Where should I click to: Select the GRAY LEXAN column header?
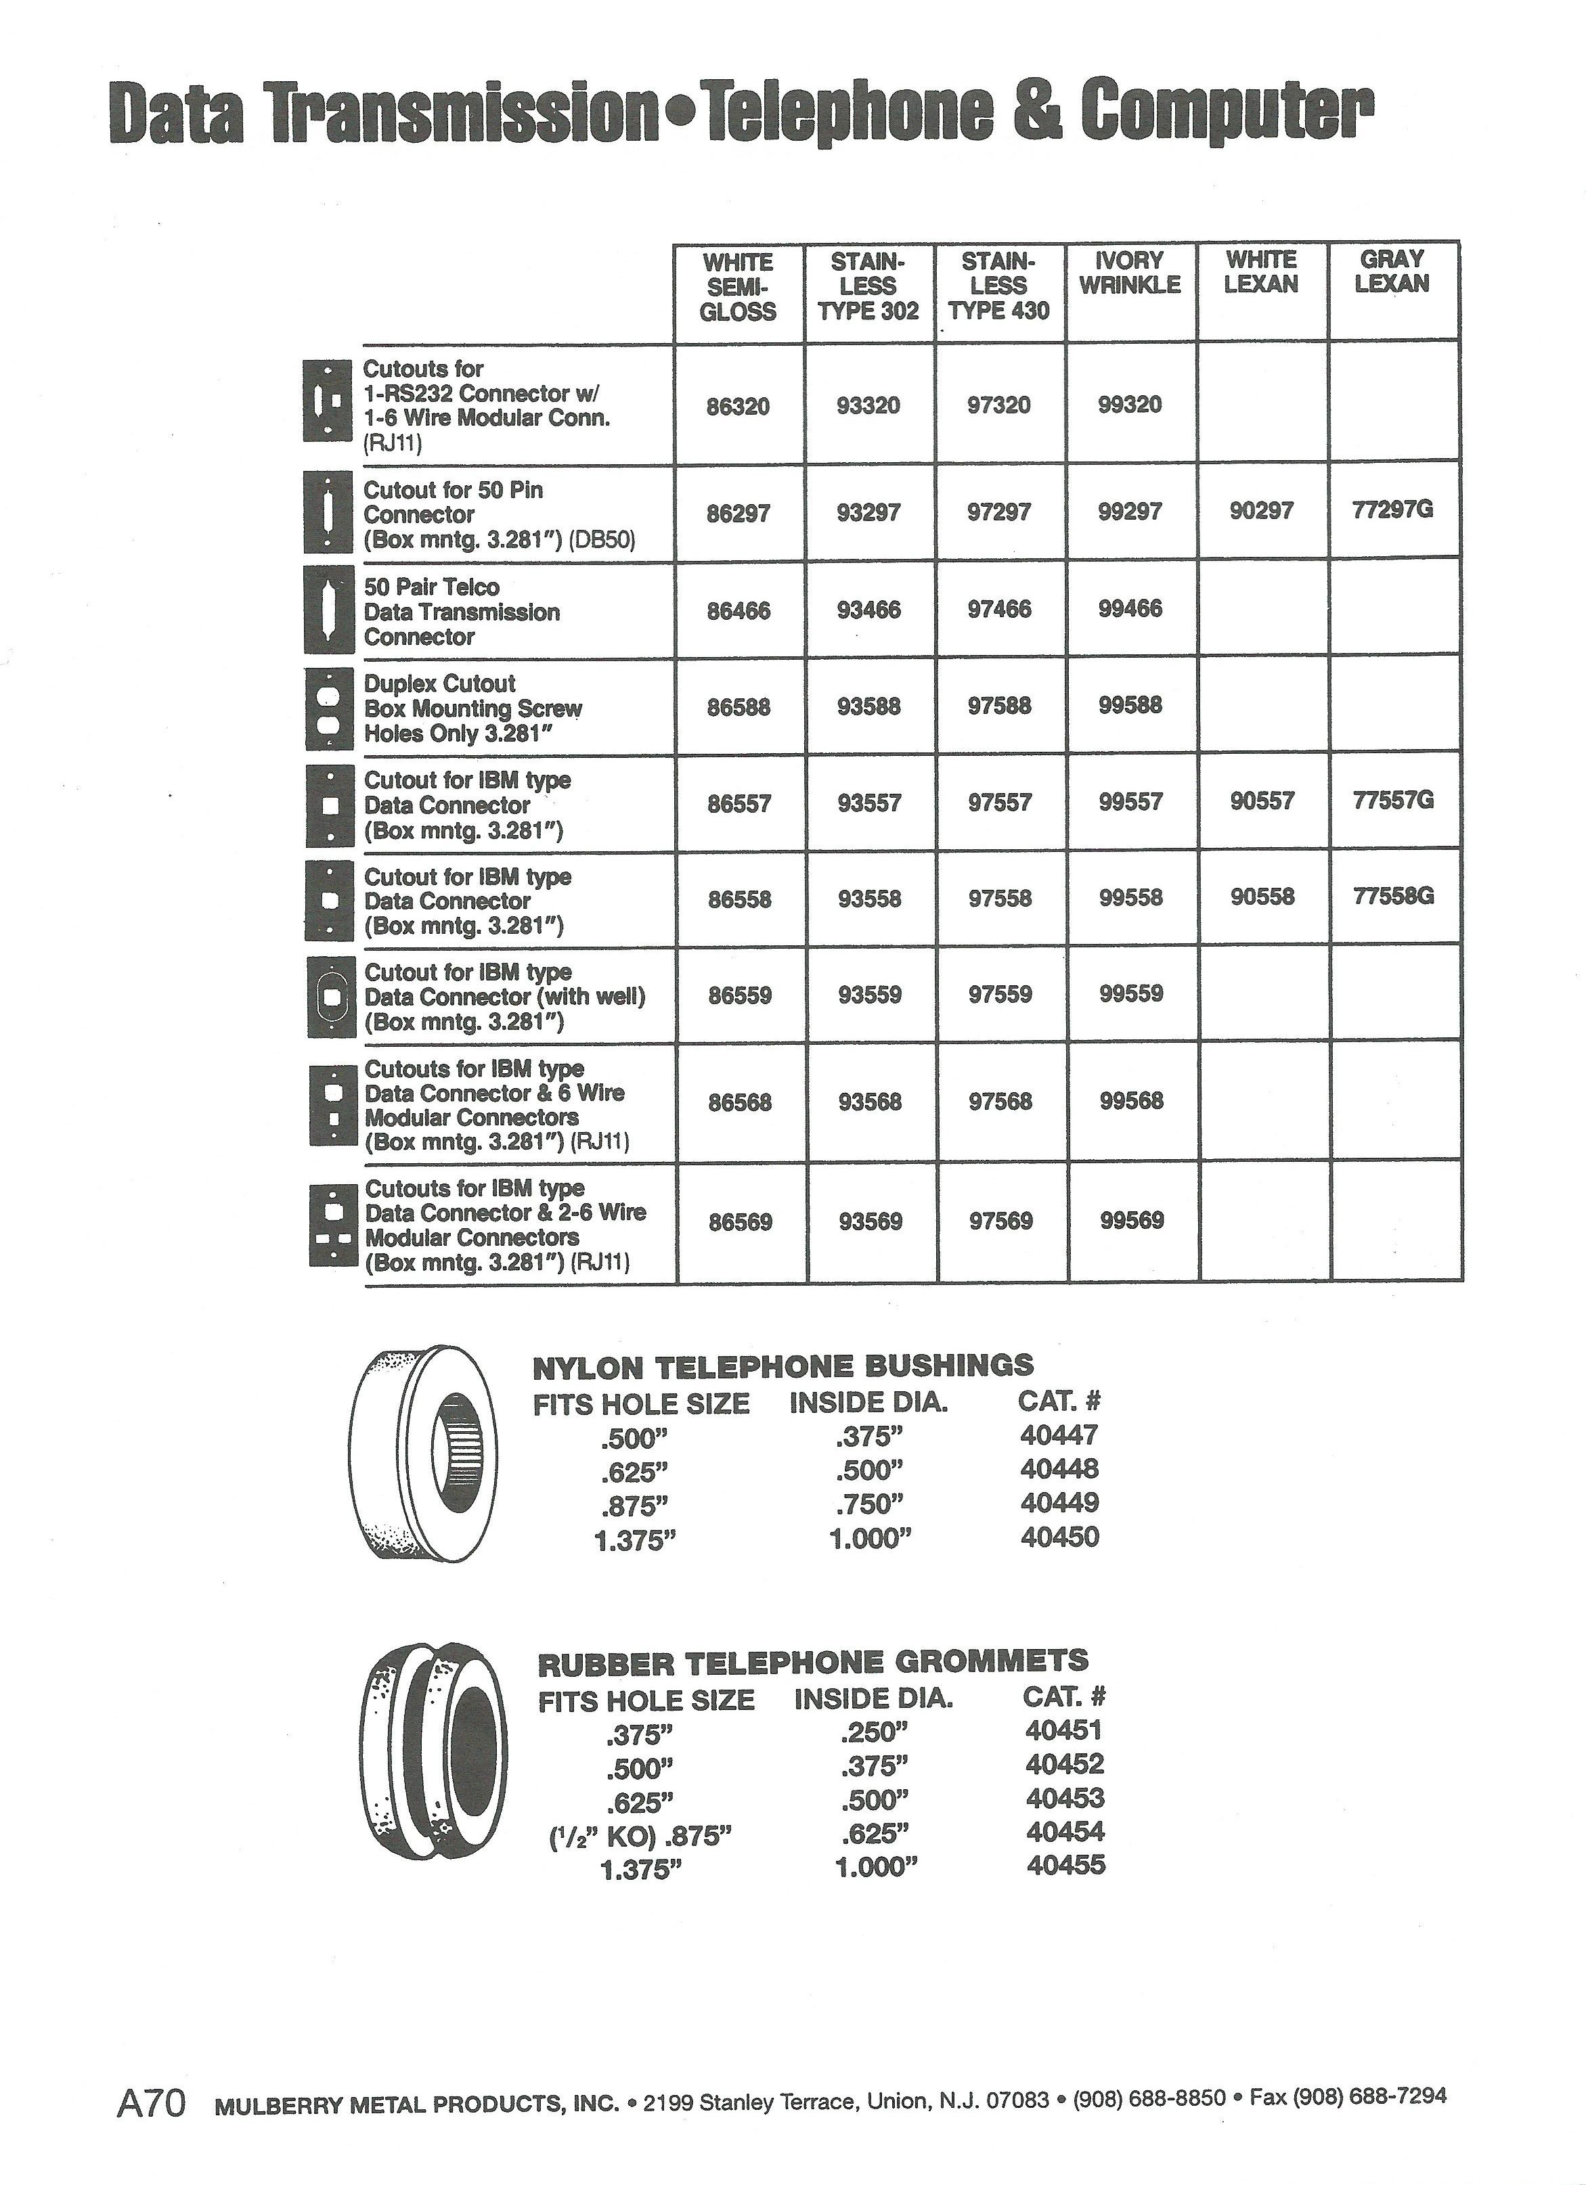point(1391,271)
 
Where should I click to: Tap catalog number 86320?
point(738,407)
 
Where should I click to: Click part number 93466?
point(869,610)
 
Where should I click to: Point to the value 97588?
point(999,706)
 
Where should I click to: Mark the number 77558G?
point(1393,897)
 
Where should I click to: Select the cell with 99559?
point(1131,994)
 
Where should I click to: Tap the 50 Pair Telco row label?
point(462,612)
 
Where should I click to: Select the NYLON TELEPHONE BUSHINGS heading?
point(783,1366)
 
